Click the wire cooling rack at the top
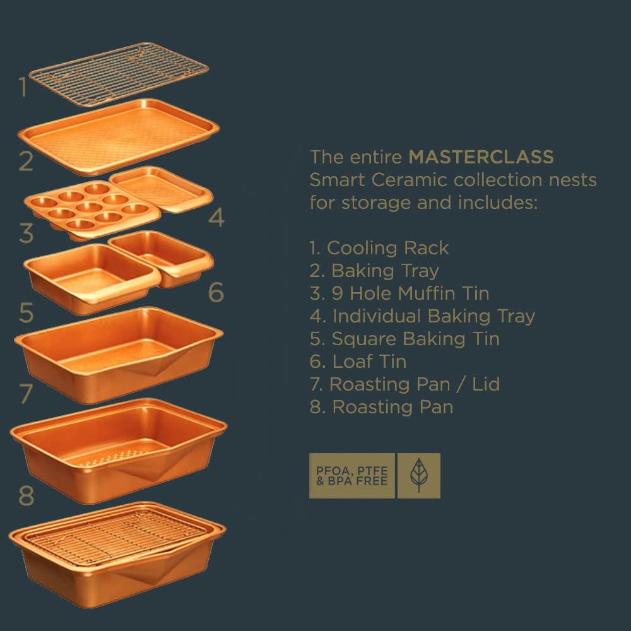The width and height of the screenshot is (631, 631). point(119,74)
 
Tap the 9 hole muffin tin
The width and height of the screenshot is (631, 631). point(93,210)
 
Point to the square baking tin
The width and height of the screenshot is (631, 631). point(91,278)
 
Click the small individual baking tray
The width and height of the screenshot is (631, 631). point(161,189)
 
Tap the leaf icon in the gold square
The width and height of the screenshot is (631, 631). point(418,475)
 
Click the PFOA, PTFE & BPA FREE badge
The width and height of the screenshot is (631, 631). point(351,475)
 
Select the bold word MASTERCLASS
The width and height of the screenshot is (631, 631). point(481,157)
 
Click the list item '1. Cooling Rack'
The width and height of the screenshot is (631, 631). point(379,248)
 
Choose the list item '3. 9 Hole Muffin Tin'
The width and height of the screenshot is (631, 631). point(399,293)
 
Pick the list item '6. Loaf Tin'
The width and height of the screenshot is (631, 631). point(358,362)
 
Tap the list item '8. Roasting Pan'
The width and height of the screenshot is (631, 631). point(381,407)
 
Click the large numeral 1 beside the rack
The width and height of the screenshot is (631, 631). point(23,87)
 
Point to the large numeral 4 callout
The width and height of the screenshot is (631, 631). point(216,217)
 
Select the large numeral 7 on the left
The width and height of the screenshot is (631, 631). point(26,393)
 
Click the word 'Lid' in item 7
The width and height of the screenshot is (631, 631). point(486,384)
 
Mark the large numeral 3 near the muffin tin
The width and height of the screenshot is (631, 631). point(26,233)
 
